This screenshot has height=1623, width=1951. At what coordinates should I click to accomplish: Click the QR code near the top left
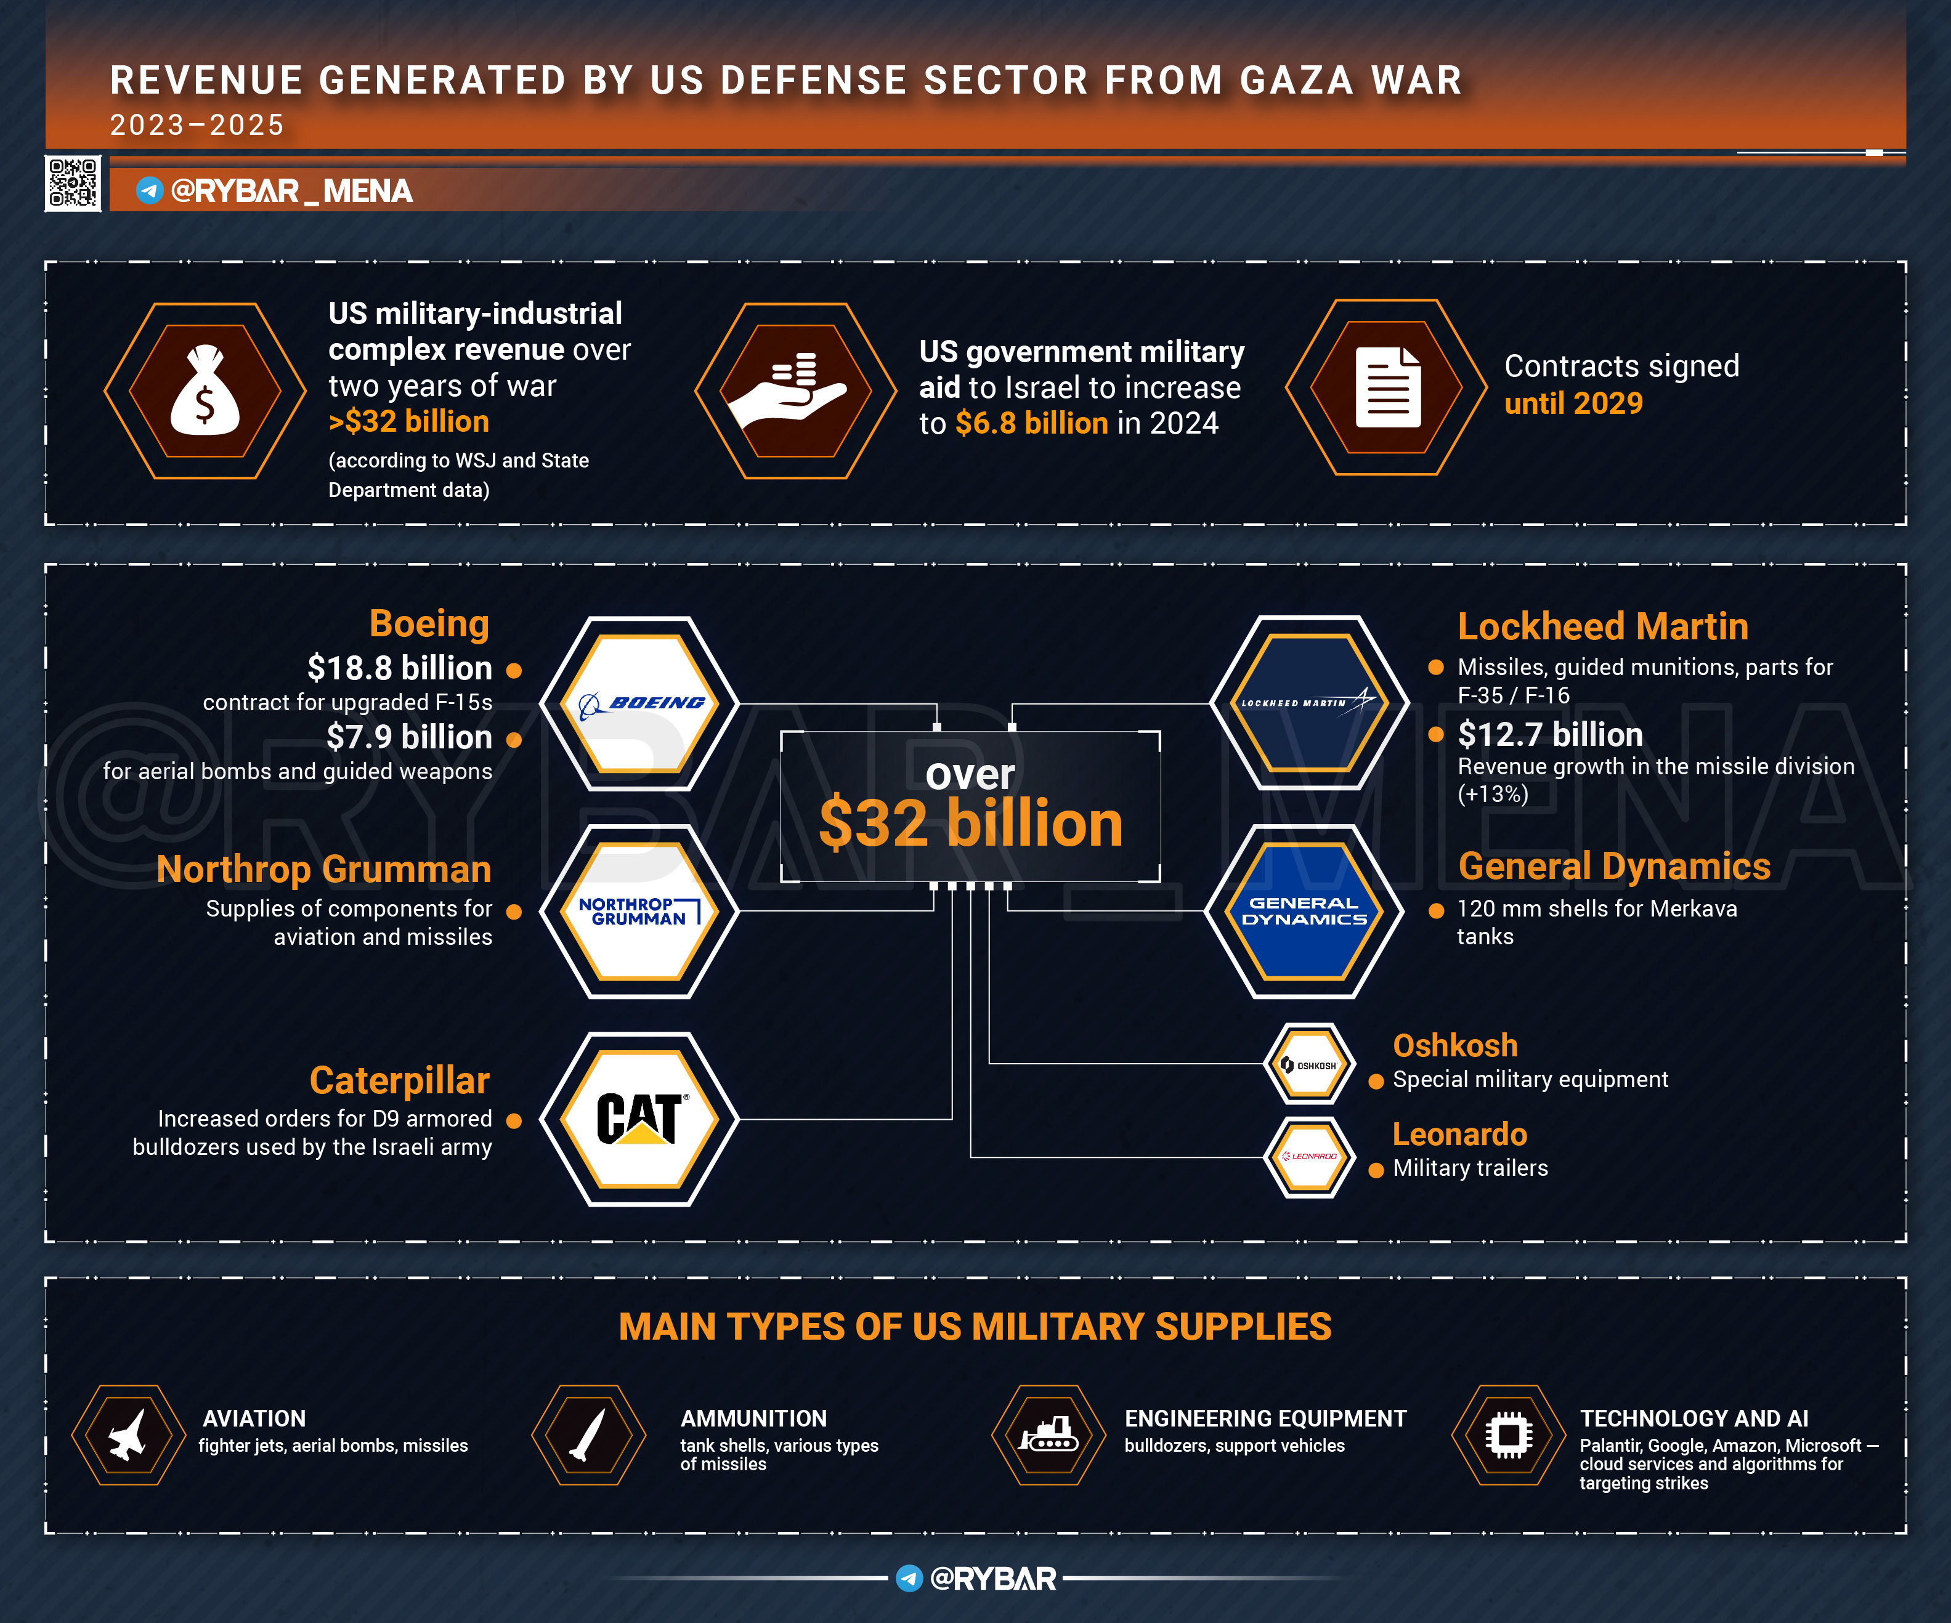[x=73, y=183]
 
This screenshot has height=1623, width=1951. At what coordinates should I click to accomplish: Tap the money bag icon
[x=205, y=391]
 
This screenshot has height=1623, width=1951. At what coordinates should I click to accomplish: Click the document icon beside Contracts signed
[x=1388, y=387]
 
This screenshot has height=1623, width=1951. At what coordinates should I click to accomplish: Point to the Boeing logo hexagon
[x=640, y=703]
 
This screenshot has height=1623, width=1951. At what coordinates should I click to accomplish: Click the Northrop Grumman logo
[x=640, y=912]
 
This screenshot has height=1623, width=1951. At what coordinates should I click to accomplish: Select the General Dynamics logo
[x=1304, y=912]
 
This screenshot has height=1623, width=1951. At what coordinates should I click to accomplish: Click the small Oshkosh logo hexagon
[x=1309, y=1065]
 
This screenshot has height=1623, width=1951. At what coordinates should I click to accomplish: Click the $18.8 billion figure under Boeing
[x=399, y=668]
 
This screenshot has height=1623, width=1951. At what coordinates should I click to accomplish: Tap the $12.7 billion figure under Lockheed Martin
[x=1550, y=735]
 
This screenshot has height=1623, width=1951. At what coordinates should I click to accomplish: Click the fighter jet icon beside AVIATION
[x=128, y=1435]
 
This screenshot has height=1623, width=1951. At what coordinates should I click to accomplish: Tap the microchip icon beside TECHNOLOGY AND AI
[x=1509, y=1435]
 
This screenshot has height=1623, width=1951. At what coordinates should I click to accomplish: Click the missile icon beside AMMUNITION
[x=588, y=1435]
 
